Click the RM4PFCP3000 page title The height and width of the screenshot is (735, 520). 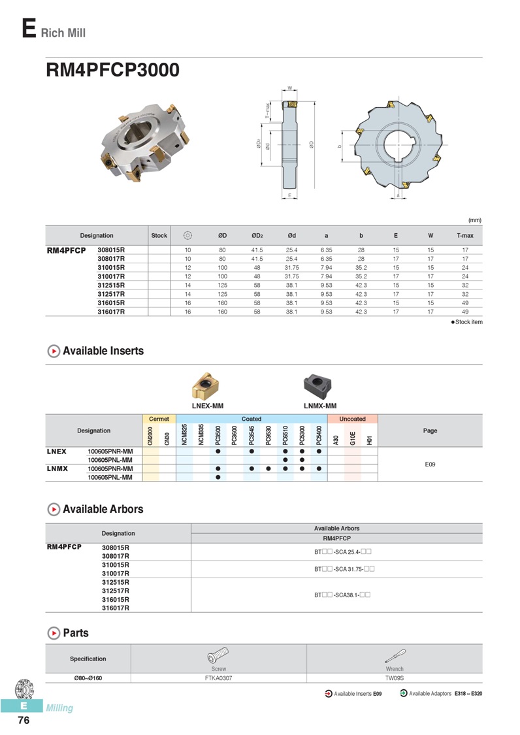click(x=112, y=70)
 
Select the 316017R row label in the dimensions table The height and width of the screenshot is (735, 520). click(x=111, y=312)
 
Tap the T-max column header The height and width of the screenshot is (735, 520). click(x=464, y=235)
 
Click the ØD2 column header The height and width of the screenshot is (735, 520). click(x=257, y=235)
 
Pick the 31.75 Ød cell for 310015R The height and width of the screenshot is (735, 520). click(x=291, y=268)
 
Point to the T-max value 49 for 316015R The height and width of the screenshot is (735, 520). click(x=464, y=302)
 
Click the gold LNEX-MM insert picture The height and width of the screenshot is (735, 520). click(x=206, y=386)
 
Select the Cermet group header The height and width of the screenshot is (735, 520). click(x=159, y=419)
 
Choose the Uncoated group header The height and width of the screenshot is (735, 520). click(x=352, y=419)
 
